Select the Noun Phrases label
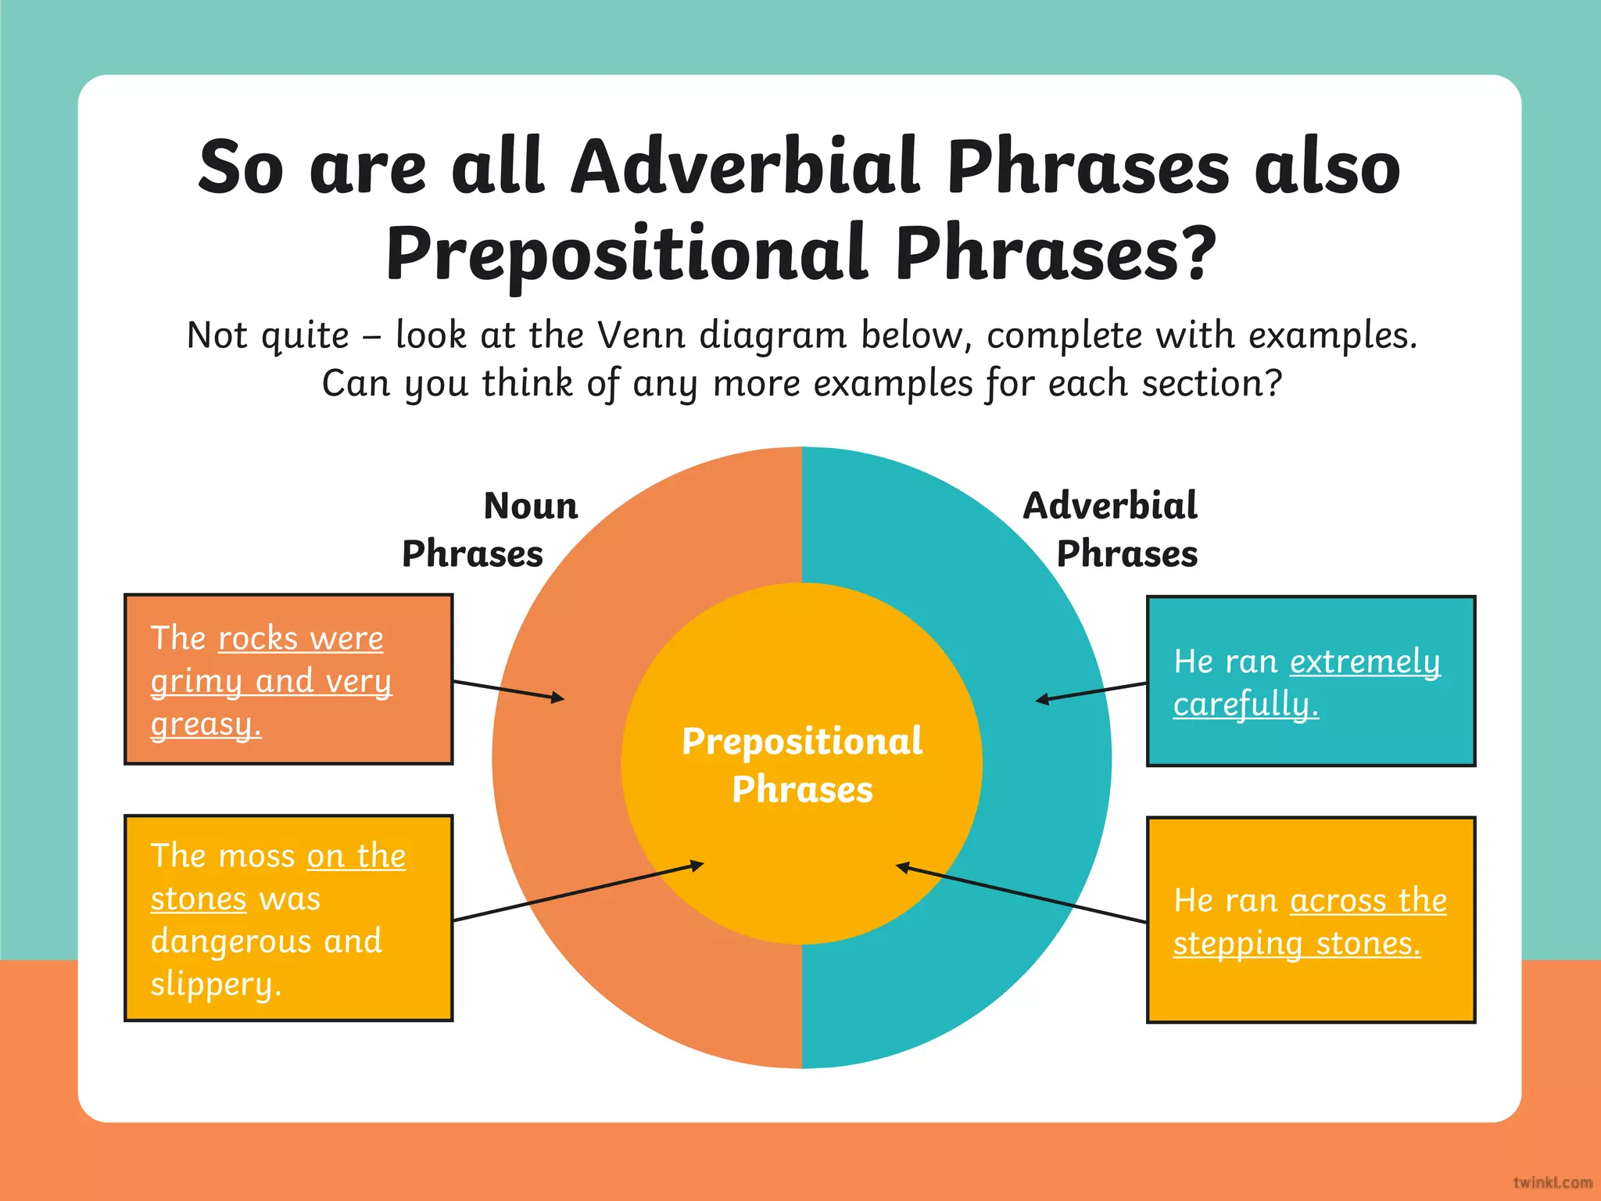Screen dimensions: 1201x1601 click(490, 529)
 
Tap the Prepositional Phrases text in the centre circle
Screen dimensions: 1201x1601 click(802, 765)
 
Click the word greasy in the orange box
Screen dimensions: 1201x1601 click(205, 724)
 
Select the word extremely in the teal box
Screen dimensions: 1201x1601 click(1364, 661)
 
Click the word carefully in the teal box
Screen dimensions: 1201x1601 click(1245, 704)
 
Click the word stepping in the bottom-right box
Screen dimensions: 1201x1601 click(1237, 944)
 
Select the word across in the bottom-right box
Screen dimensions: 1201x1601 click(1337, 901)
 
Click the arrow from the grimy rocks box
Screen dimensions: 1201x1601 click(508, 690)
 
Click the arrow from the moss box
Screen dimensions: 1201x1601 click(578, 893)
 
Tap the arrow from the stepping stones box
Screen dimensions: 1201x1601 click(1021, 894)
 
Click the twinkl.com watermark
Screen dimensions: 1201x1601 click(1552, 1182)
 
